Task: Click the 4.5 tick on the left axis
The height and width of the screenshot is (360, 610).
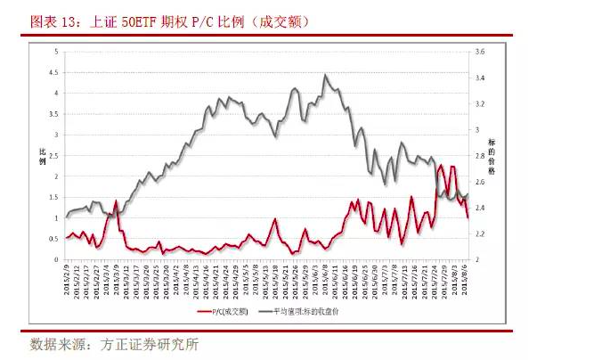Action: [55, 72]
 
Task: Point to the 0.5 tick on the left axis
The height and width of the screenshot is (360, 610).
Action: [55, 239]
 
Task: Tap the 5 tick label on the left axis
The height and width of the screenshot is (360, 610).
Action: [56, 52]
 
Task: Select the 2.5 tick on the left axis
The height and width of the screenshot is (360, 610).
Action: [55, 156]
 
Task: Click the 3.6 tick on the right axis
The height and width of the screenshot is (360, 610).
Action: [478, 52]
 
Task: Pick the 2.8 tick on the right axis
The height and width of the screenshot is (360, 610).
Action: [478, 156]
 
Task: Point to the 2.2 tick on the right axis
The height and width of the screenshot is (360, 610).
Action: [478, 233]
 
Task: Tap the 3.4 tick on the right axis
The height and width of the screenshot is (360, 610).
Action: [478, 78]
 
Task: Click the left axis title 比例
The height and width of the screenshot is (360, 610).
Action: [41, 155]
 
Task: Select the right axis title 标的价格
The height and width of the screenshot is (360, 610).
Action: [492, 155]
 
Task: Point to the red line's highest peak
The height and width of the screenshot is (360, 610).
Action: [442, 165]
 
